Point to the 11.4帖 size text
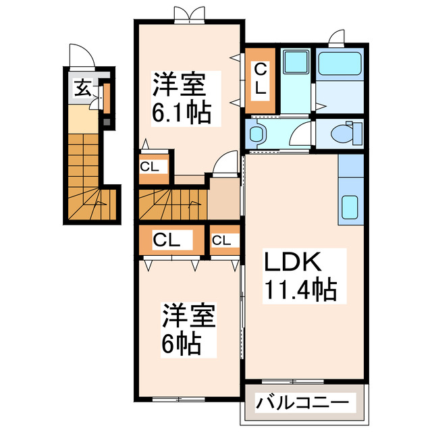(x=300, y=290)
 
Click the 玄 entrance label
(x=82, y=87)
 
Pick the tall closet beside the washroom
(x=260, y=79)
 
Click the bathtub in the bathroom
(x=340, y=64)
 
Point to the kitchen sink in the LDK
(x=351, y=206)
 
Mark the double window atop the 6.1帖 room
(x=188, y=14)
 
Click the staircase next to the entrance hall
(x=87, y=175)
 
